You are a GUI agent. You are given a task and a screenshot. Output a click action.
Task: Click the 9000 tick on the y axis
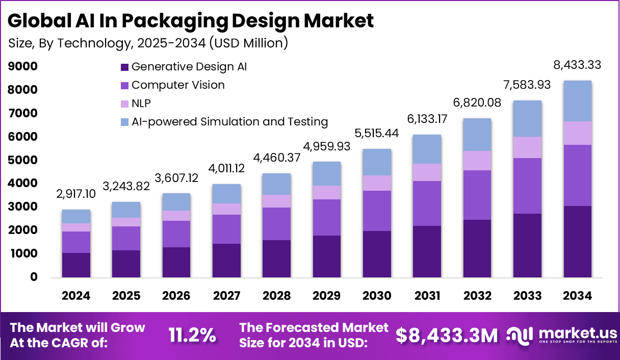[22, 66]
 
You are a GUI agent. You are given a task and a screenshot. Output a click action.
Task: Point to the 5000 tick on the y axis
[22, 160]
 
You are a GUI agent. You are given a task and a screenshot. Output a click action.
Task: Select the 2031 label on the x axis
[427, 296]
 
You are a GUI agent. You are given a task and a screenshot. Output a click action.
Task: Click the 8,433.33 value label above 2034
[578, 65]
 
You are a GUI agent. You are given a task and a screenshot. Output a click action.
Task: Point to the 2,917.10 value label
[76, 195]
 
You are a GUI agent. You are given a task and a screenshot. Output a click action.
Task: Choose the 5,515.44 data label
[377, 134]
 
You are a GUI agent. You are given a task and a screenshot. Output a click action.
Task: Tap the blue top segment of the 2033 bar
[528, 118]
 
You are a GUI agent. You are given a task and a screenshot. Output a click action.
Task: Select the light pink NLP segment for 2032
[477, 161]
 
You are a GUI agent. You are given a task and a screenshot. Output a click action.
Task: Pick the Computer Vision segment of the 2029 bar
[327, 217]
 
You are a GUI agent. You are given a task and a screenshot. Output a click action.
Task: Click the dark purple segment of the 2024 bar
[76, 265]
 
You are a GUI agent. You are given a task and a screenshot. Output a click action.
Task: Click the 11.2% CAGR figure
[192, 335]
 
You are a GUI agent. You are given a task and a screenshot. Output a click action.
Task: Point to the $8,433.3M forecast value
[446, 335]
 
